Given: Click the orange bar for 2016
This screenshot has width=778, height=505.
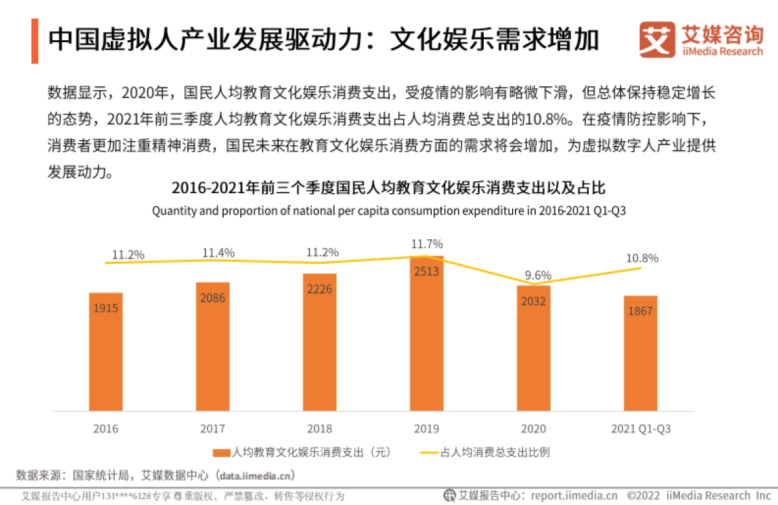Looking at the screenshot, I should click(x=106, y=353).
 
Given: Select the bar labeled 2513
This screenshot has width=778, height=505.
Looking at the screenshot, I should click(x=427, y=334).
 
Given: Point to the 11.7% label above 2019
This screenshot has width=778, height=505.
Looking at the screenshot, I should click(x=427, y=244).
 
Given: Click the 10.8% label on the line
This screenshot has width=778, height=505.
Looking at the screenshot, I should click(x=642, y=258).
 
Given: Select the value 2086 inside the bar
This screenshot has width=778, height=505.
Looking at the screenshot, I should click(x=213, y=299).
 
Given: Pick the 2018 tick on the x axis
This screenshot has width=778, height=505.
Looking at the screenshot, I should click(x=320, y=429).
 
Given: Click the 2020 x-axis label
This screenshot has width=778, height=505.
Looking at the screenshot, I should click(x=533, y=429).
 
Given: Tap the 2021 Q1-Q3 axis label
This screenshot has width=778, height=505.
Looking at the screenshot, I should click(x=641, y=429).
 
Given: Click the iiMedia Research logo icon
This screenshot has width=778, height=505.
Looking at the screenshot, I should click(x=657, y=40).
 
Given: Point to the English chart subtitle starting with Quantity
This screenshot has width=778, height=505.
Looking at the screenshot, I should click(x=389, y=211).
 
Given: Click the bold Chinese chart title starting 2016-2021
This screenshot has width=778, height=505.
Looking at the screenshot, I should click(x=389, y=189).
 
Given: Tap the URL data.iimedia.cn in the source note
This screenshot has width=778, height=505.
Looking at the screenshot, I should click(x=256, y=475).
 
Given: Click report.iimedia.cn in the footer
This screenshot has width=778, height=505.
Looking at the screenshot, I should click(x=571, y=495).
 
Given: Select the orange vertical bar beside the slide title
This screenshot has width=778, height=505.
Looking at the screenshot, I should click(x=34, y=41).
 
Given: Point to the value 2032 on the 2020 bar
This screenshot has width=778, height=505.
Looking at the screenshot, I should click(x=533, y=301).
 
